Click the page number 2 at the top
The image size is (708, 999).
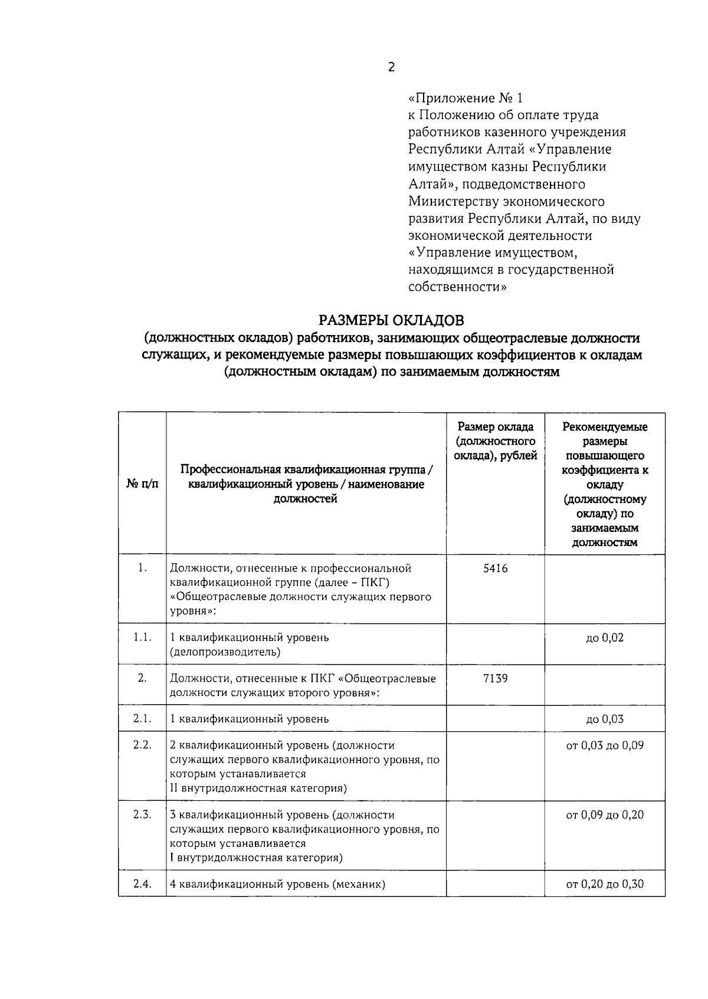tap(391, 67)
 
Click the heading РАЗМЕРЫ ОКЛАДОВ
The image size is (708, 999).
tap(391, 320)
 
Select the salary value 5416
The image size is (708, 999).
tap(495, 568)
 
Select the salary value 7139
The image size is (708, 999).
tap(495, 678)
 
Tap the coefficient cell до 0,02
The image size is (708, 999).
tap(605, 637)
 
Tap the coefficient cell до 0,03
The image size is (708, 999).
tap(605, 719)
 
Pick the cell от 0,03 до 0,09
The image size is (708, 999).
tap(605, 745)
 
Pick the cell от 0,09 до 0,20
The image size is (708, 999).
tap(605, 815)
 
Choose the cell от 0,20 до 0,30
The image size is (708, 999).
tap(605, 884)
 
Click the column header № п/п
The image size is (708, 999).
tap(142, 484)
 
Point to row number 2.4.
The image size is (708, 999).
tap(142, 884)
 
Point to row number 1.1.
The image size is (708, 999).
tap(142, 637)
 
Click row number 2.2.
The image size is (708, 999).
tap(142, 745)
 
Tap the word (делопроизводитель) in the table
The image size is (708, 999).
tap(225, 652)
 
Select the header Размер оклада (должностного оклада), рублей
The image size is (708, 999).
tap(495, 441)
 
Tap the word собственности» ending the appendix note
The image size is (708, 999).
tap(457, 287)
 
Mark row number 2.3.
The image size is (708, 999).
tap(142, 815)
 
